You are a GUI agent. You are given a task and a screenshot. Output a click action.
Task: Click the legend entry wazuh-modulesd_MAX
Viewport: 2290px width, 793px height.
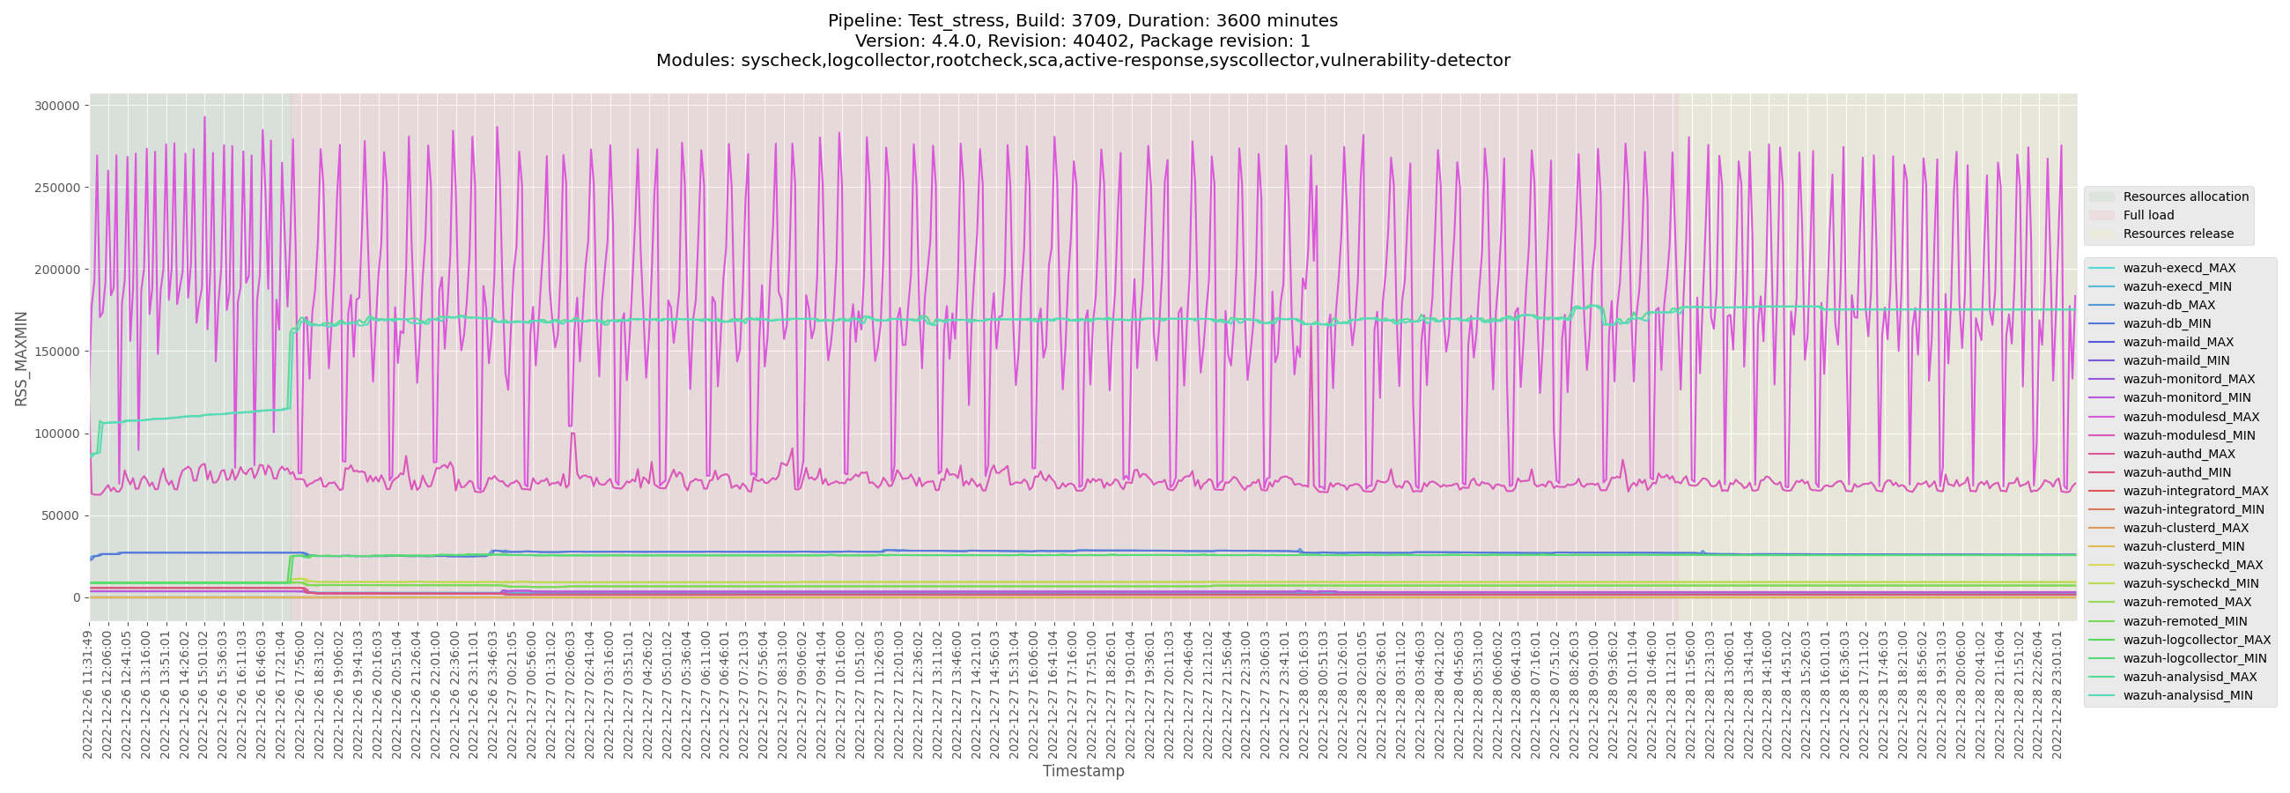(2191, 417)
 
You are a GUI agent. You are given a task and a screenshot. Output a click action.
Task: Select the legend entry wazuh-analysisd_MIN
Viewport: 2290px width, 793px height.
(2188, 695)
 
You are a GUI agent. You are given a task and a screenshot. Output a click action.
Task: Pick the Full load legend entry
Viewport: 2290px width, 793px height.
(2149, 215)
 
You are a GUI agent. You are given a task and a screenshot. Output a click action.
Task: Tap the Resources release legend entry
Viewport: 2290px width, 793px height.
(2178, 233)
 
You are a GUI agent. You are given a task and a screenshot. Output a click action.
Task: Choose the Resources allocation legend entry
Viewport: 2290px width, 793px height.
(2185, 196)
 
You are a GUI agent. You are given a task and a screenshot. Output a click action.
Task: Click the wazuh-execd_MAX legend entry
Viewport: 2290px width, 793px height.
(2179, 269)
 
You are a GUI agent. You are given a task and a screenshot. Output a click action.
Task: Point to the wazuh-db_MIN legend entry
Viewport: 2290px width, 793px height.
(2167, 323)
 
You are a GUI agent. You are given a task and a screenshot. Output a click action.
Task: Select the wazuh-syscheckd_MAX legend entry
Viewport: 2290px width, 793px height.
(2193, 566)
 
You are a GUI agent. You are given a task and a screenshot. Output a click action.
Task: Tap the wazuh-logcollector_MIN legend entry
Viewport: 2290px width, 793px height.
(2195, 659)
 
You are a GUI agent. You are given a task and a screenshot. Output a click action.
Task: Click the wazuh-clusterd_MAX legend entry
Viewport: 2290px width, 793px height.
(2185, 528)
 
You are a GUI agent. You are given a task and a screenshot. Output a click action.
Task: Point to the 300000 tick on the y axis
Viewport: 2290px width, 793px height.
(57, 106)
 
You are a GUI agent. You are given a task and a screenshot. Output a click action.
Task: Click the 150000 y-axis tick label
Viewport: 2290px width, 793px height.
(57, 352)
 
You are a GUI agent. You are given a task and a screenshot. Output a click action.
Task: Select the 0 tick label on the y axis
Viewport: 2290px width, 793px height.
(77, 598)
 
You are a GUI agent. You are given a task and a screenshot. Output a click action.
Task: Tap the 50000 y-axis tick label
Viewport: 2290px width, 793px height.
(61, 515)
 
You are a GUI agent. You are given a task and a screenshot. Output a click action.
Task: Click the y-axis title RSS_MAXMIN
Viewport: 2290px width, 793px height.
(21, 359)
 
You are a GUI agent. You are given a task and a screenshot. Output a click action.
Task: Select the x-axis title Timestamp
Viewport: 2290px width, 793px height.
(1082, 772)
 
